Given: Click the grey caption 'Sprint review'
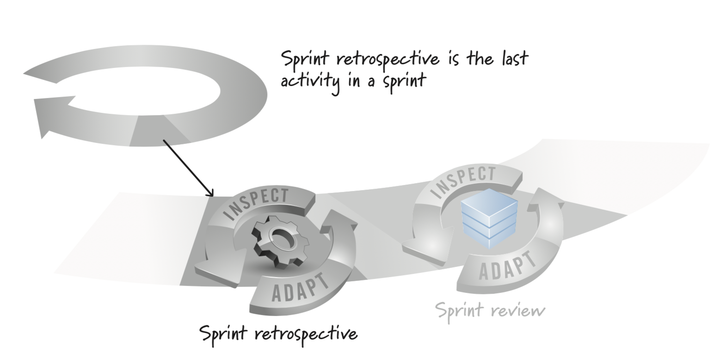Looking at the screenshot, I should (490, 310).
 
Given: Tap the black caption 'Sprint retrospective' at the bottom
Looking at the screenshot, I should (278, 334).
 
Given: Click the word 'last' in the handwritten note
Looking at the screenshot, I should (514, 59).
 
